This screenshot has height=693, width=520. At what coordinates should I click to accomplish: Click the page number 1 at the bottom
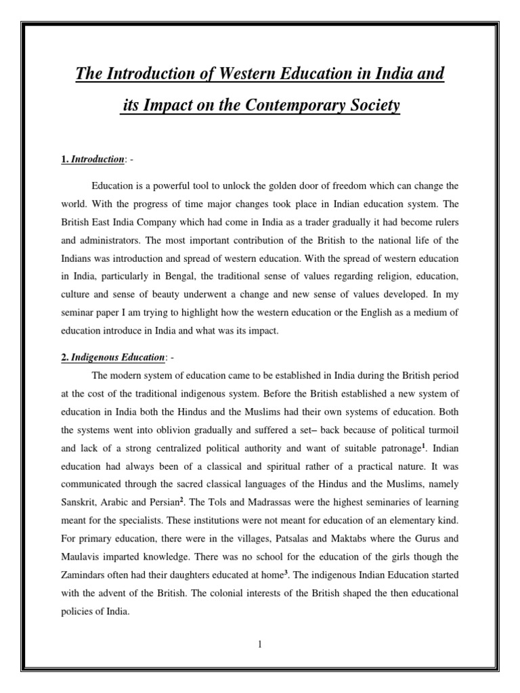tap(259, 644)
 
